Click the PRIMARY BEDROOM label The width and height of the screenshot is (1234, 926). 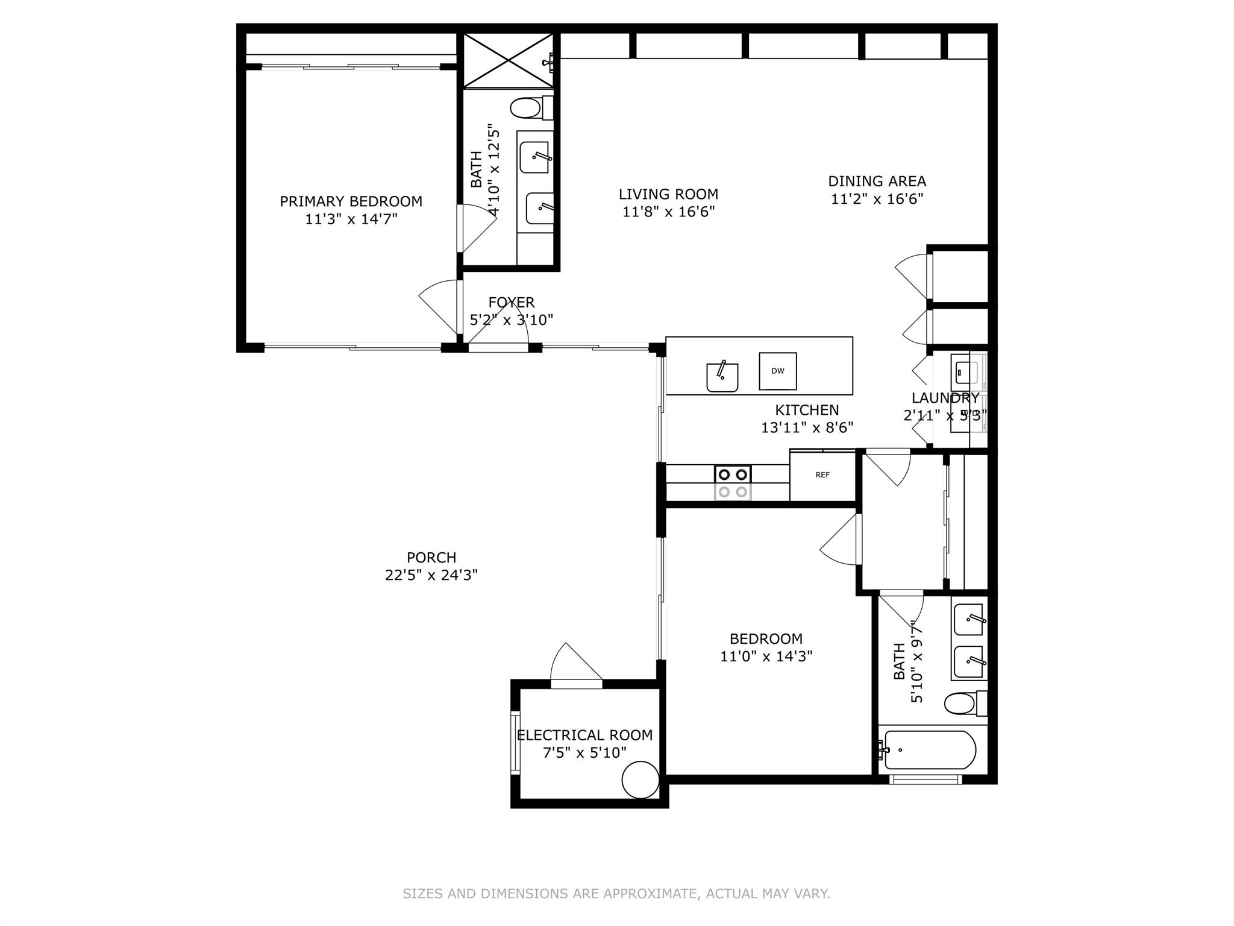(x=351, y=201)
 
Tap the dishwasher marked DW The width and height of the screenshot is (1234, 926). (x=777, y=371)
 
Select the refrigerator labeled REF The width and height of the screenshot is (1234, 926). (x=822, y=475)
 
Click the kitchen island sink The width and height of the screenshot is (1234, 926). (x=722, y=376)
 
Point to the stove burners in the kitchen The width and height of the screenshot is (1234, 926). (x=733, y=483)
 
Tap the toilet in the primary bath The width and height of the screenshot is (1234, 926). (x=531, y=109)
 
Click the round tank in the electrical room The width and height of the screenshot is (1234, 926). (x=640, y=780)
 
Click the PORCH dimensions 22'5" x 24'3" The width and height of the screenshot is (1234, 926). (x=431, y=575)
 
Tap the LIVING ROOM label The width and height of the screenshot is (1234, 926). (x=668, y=194)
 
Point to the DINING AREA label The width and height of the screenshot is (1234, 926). (x=877, y=181)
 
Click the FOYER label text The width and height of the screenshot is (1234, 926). (x=512, y=302)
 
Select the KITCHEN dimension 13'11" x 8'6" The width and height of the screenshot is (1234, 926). (x=807, y=427)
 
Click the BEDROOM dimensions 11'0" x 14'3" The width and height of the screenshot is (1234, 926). (x=766, y=656)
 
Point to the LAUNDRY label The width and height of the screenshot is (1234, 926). (x=945, y=398)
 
